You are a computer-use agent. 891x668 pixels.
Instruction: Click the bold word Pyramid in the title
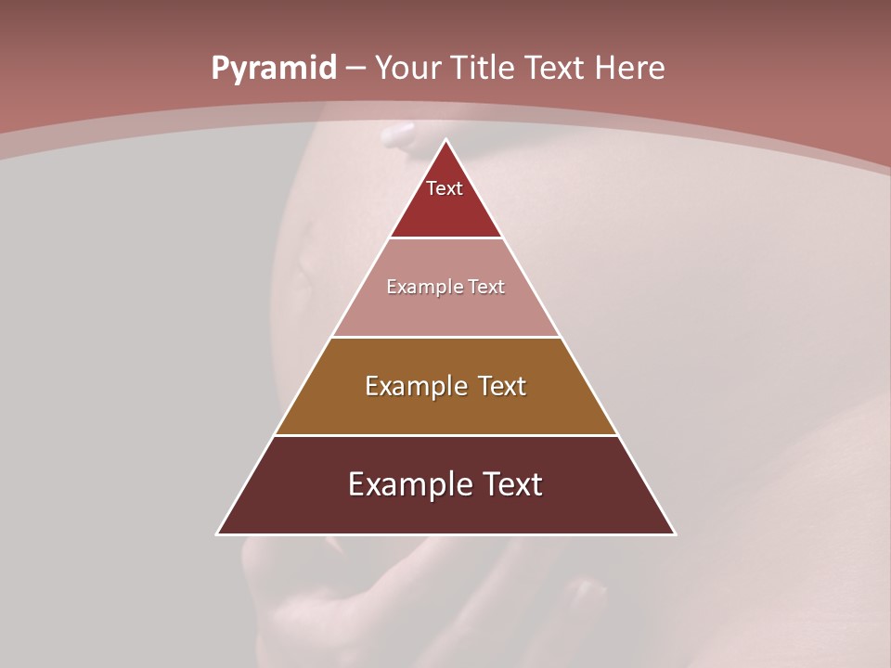pos(273,69)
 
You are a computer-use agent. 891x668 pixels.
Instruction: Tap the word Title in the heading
pos(482,69)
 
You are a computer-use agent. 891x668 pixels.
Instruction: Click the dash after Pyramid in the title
pos(355,69)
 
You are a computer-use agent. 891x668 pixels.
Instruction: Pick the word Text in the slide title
pos(555,69)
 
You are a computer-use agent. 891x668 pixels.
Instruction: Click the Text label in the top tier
pos(445,188)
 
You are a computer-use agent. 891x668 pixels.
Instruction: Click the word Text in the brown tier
pos(501,386)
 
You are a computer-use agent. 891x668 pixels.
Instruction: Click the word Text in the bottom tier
pos(510,484)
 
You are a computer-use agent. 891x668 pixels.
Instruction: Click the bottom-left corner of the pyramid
pos(217,533)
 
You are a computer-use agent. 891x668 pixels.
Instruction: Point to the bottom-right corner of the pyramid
pos(675,533)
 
